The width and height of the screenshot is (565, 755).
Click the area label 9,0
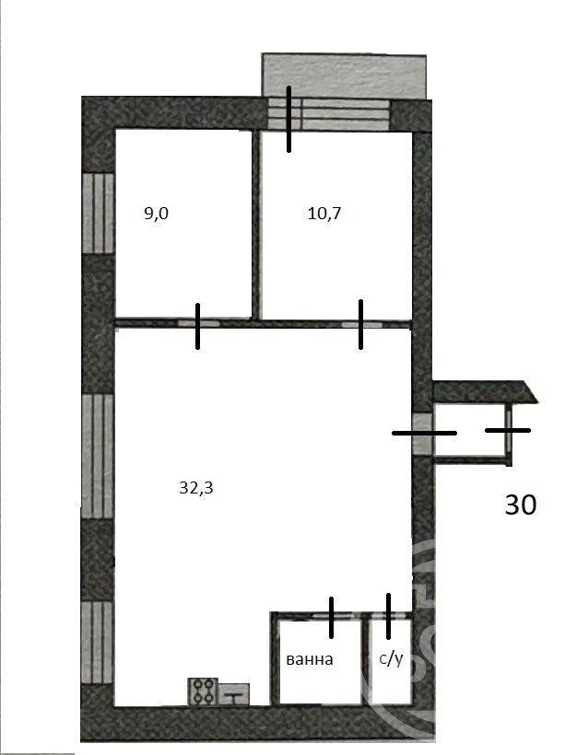pos(156,214)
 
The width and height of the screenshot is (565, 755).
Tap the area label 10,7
pos(324,214)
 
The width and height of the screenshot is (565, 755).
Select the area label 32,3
pos(195,488)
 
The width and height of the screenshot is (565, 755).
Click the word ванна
pos(310,659)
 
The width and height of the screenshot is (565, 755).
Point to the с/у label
pos(391,658)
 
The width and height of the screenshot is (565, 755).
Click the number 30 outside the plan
pos(520,505)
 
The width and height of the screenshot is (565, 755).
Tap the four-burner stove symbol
pos(203,691)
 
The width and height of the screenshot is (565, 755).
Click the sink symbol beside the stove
pos(234,694)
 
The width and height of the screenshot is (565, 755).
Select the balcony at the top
pos(344,76)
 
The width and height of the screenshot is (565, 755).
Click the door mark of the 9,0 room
pos(197,326)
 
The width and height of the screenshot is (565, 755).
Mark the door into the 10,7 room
pos(361,324)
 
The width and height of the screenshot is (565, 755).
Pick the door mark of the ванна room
pos(331,618)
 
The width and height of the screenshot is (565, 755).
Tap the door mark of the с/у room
pos(389,616)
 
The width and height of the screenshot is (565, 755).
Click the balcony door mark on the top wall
pos(288,119)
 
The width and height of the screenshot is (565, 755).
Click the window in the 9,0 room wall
pos(98,214)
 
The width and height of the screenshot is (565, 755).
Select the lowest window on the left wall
pos(97,643)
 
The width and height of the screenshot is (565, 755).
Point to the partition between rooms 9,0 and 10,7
pos(256,225)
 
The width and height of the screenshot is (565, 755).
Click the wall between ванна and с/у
pos(365,661)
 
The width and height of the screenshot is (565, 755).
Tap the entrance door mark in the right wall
pos(424,434)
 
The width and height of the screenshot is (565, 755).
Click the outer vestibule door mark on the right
pos(508,430)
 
